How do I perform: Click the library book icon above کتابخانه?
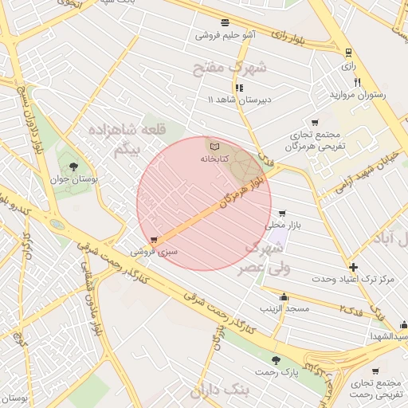(214, 147)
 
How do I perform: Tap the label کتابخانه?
(214, 159)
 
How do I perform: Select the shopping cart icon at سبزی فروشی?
(154, 240)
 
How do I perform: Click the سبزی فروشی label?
(155, 252)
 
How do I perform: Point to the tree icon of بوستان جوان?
(74, 167)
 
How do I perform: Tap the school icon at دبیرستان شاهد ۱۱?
(239, 88)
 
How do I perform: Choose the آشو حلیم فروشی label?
(226, 36)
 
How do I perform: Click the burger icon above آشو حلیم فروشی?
(226, 23)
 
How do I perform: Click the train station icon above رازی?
(348, 53)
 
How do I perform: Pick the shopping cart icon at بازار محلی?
(282, 213)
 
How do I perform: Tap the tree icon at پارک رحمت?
(276, 360)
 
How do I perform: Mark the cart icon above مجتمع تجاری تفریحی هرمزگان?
(316, 123)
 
